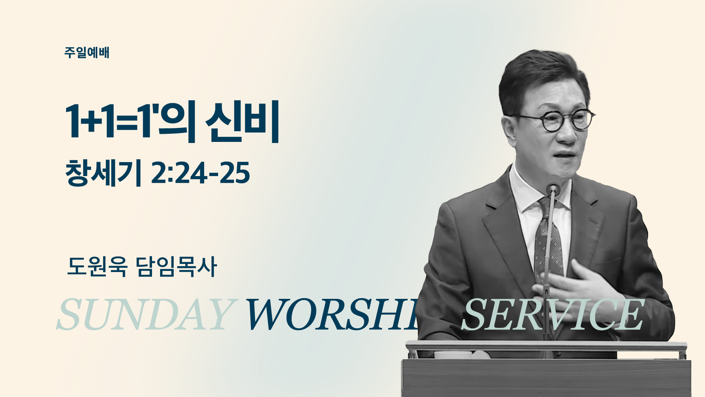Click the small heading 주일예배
tap(87, 53)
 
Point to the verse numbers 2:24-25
tap(200, 173)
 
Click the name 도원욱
tap(97, 266)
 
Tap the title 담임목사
tap(176, 266)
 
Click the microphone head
tap(553, 189)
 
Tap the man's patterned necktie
tap(548, 239)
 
